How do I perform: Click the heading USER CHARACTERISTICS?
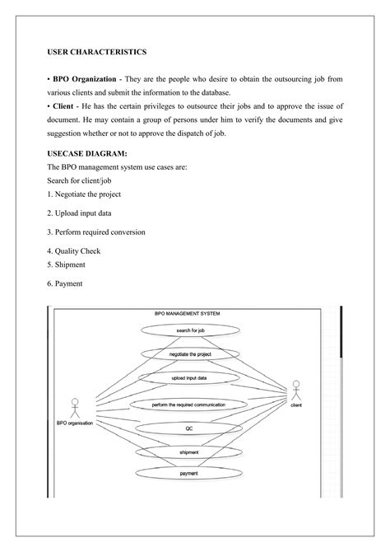click(x=96, y=52)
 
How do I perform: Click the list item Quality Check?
click(x=77, y=251)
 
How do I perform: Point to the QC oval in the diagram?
click(x=188, y=429)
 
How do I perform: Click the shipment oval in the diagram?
click(x=188, y=451)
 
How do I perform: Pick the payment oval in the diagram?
click(x=188, y=474)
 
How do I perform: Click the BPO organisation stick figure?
click(x=74, y=407)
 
